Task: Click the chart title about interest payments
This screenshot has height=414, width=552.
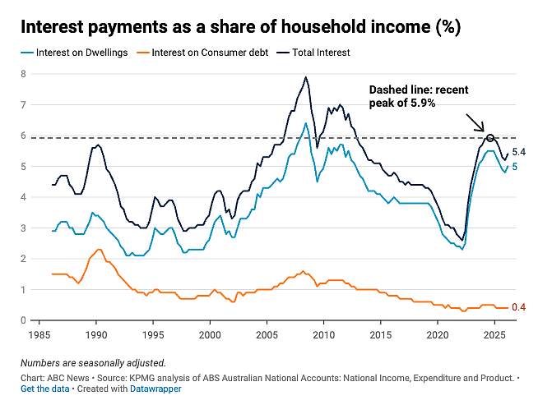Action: coord(241,27)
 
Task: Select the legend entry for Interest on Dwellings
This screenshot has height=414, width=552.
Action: coord(74,53)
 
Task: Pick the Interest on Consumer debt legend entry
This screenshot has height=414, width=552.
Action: coord(202,53)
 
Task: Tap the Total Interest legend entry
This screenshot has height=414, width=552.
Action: coord(313,53)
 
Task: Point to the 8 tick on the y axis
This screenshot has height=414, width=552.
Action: coord(24,74)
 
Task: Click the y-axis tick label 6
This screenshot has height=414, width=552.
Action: coord(24,136)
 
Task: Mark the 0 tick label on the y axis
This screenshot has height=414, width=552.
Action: coord(24,320)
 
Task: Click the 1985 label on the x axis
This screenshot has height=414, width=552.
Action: coord(39,335)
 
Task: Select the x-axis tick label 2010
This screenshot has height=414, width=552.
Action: coord(324,335)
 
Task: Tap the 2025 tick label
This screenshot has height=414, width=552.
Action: coord(494,335)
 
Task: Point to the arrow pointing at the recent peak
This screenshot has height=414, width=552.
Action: coord(475,122)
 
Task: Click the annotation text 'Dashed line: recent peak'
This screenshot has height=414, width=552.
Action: coord(419,96)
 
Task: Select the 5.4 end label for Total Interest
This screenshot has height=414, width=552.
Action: coord(518,152)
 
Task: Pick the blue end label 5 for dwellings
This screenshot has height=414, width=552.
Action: coord(515,167)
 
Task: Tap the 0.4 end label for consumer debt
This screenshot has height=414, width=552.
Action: coord(518,307)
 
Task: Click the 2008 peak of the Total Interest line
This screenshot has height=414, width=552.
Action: coord(305,77)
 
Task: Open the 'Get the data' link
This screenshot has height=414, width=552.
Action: coord(45,389)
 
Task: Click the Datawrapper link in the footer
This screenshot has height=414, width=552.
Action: coord(155,389)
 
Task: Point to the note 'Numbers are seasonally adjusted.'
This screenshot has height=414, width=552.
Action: coord(93,363)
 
